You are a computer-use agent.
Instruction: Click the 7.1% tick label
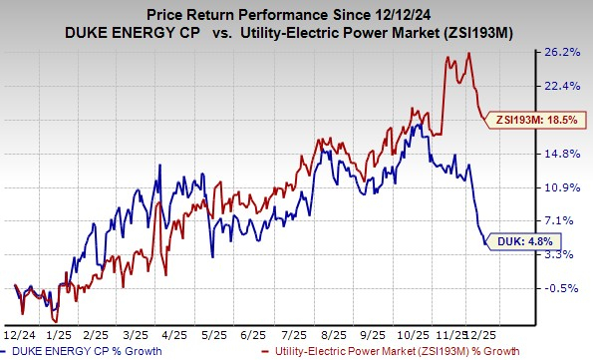[571, 220]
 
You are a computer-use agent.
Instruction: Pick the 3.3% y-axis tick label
[571, 254]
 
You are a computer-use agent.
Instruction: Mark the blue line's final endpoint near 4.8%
[485, 241]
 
